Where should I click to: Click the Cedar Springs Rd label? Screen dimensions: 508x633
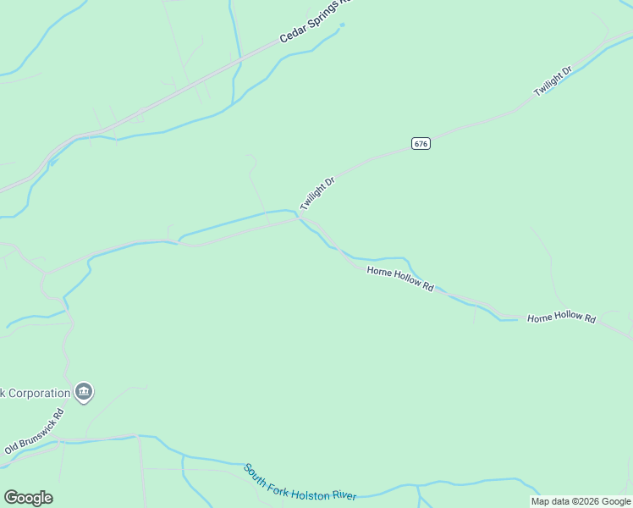pyautogui.click(x=315, y=20)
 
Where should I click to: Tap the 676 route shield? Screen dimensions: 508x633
pyautogui.click(x=421, y=143)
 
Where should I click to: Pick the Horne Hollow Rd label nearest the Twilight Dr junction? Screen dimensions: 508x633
pyautogui.click(x=400, y=279)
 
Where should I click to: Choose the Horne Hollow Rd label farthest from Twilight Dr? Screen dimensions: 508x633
pyautogui.click(x=561, y=317)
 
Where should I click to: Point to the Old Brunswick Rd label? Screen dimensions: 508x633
pyautogui.click(x=35, y=433)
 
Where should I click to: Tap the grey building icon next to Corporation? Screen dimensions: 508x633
pyautogui.click(x=84, y=392)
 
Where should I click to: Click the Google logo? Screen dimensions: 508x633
pyautogui.click(x=28, y=497)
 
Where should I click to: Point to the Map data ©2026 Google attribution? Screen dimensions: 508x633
pyautogui.click(x=581, y=501)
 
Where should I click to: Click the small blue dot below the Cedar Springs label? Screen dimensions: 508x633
pyautogui.click(x=342, y=25)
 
